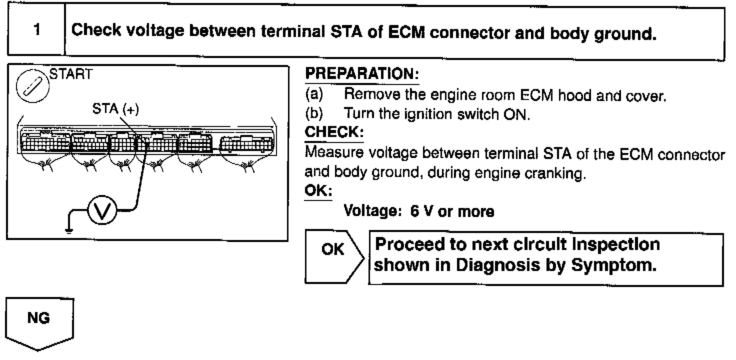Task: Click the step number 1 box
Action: [x=36, y=30]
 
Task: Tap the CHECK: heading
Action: [x=334, y=132]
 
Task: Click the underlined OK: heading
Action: [x=318, y=191]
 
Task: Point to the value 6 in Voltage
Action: [x=414, y=211]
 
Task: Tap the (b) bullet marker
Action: [x=314, y=114]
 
